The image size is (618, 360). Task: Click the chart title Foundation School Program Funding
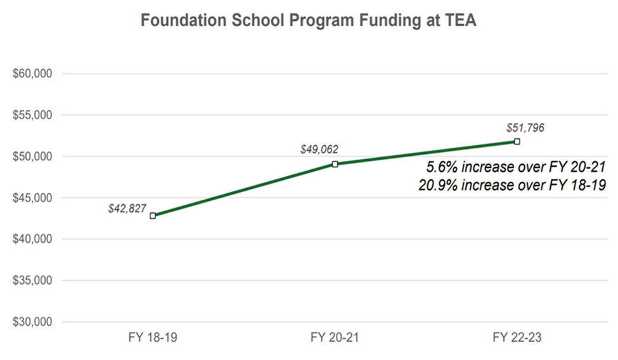(x=308, y=20)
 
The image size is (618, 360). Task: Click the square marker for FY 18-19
(x=153, y=215)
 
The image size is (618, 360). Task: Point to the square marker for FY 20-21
(x=335, y=164)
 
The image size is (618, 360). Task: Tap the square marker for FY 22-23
(x=517, y=141)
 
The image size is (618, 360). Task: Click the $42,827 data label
(x=127, y=209)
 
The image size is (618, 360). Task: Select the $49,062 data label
(x=319, y=150)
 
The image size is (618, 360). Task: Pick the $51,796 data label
(x=525, y=128)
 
